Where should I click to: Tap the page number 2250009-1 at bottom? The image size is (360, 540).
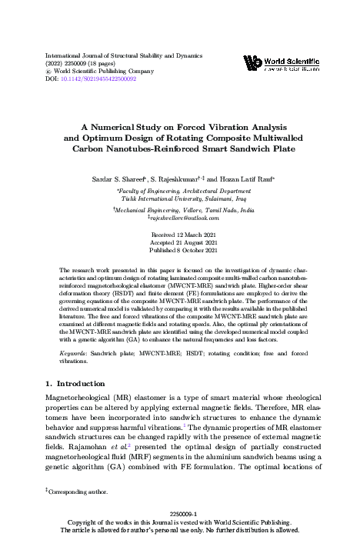pos(179,513)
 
